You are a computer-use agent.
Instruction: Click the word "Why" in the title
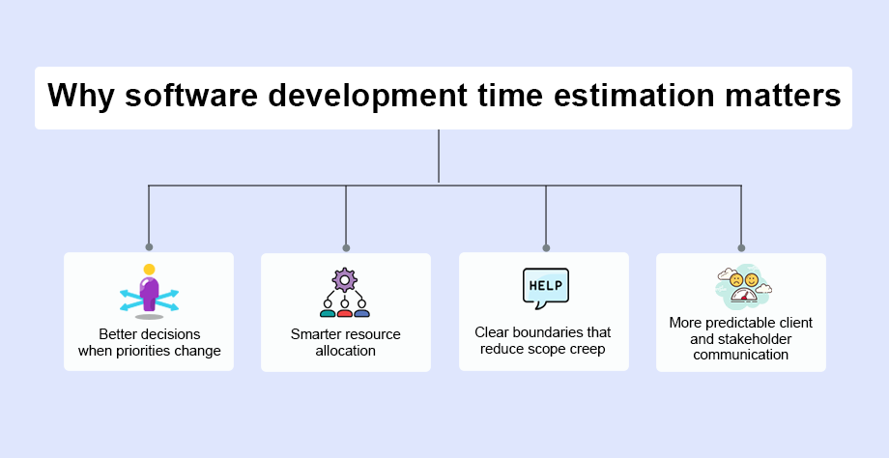81,96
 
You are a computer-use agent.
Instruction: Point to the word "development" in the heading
367,96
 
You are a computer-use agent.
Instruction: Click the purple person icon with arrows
149,292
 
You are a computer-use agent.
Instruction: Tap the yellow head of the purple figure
149,270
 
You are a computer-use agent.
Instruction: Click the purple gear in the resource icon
345,280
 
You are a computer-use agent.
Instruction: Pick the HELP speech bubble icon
545,289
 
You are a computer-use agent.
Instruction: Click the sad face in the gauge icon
736,279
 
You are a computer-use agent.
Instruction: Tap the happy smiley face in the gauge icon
751,279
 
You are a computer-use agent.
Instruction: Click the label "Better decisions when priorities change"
149,342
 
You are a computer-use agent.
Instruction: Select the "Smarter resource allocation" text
345,342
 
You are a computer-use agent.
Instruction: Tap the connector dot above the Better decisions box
149,247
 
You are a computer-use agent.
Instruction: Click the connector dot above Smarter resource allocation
346,247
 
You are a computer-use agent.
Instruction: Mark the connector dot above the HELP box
546,247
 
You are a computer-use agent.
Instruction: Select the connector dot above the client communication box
741,247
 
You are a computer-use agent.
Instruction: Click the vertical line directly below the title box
439,156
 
